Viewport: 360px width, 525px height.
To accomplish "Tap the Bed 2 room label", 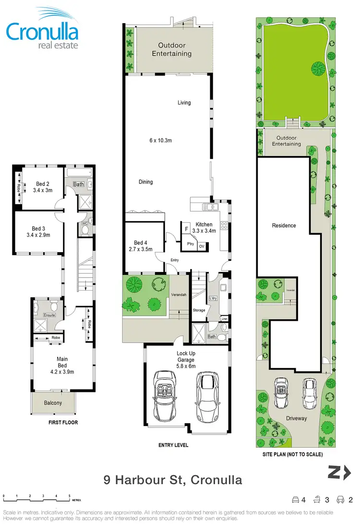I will (43, 184).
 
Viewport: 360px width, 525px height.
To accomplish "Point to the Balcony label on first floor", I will (53, 403).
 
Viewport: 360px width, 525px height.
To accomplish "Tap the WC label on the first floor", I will (84, 223).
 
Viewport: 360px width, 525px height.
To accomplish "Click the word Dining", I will (146, 182).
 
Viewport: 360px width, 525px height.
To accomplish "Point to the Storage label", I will (199, 310).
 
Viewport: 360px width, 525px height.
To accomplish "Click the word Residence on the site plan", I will (284, 225).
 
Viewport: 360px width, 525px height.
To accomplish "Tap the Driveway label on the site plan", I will (296, 418).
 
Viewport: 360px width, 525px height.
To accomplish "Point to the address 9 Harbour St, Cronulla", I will (173, 479).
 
